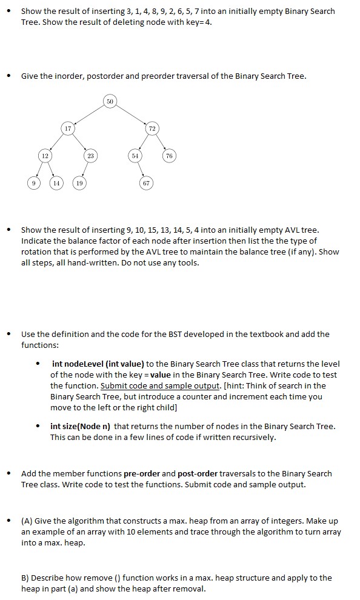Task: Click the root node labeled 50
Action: click(110, 101)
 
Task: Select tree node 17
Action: click(68, 128)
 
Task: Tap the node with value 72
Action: click(151, 128)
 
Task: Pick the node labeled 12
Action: click(44, 156)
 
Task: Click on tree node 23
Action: click(92, 156)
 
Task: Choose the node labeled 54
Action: click(135, 156)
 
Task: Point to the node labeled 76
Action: click(169, 156)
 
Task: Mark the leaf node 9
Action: click(34, 182)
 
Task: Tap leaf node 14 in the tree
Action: click(57, 182)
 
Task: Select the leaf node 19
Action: click(79, 182)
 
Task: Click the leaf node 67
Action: click(146, 182)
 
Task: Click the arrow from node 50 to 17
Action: click(89, 115)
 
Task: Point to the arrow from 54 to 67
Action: click(141, 170)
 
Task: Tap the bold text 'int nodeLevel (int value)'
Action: click(98, 364)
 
